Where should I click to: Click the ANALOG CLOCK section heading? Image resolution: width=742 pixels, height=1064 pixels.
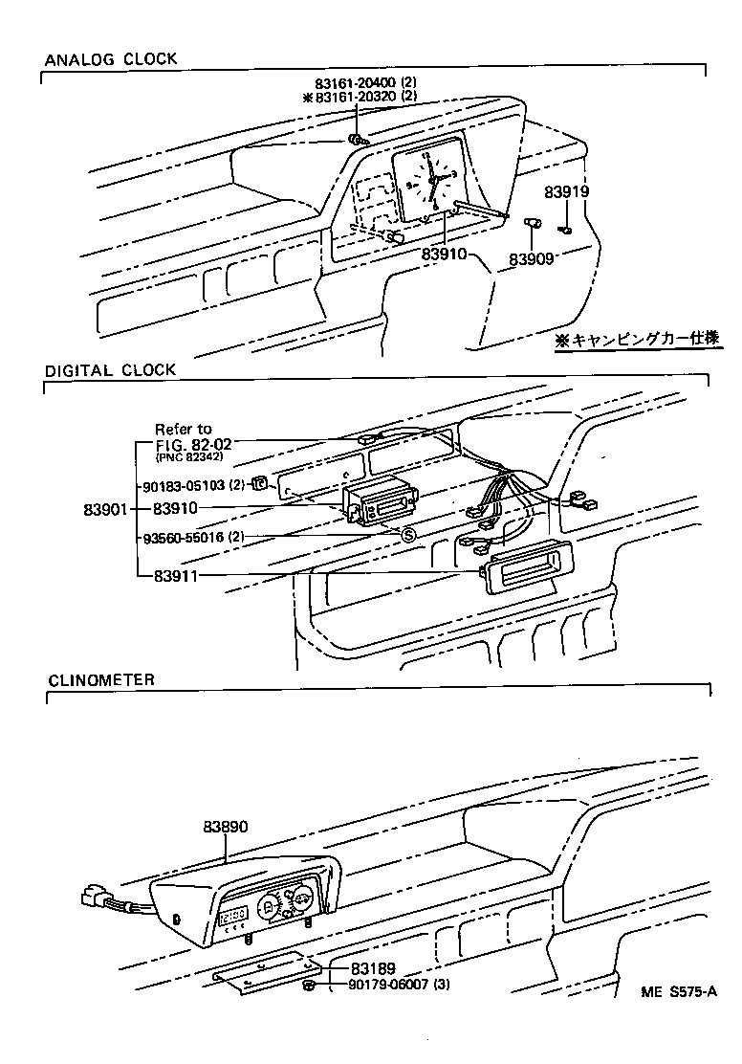[x=111, y=59]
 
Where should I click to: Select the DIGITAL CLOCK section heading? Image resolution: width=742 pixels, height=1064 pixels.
[x=111, y=369]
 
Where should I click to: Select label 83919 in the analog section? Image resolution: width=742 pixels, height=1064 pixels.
[x=567, y=191]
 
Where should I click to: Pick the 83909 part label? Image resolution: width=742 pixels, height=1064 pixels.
[x=532, y=258]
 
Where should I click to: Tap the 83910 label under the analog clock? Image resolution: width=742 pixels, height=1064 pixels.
[x=446, y=255]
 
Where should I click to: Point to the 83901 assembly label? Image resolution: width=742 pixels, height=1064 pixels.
[x=102, y=509]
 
